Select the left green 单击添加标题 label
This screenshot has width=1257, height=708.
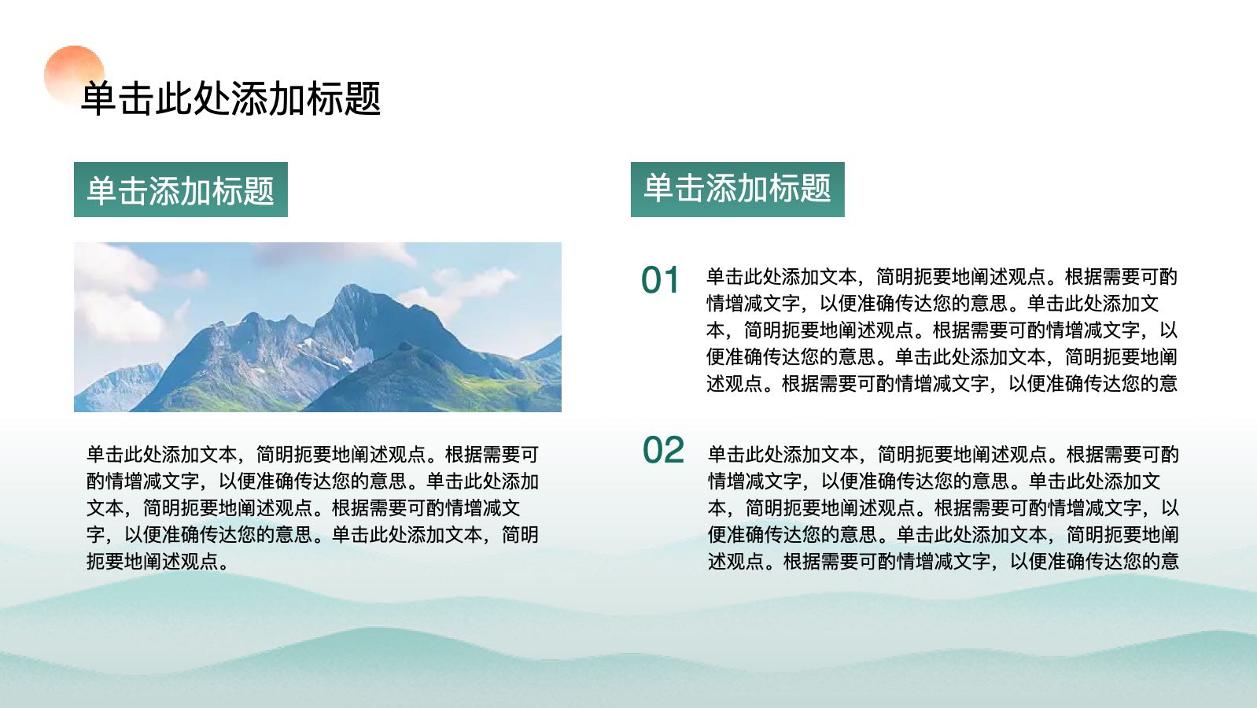point(181,190)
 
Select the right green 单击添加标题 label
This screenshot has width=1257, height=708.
point(737,189)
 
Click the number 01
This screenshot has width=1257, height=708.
point(660,280)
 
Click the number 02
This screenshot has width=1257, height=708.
point(663,450)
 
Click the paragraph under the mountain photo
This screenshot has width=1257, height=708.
point(312,507)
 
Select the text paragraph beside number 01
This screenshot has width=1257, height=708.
point(942,330)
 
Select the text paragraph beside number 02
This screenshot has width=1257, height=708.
point(942,507)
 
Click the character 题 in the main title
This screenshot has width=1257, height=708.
point(363,99)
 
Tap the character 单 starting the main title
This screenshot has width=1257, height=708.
point(99,99)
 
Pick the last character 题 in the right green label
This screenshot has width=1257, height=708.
point(816,187)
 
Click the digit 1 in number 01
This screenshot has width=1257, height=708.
point(671,280)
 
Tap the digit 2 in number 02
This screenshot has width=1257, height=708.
point(674,450)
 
